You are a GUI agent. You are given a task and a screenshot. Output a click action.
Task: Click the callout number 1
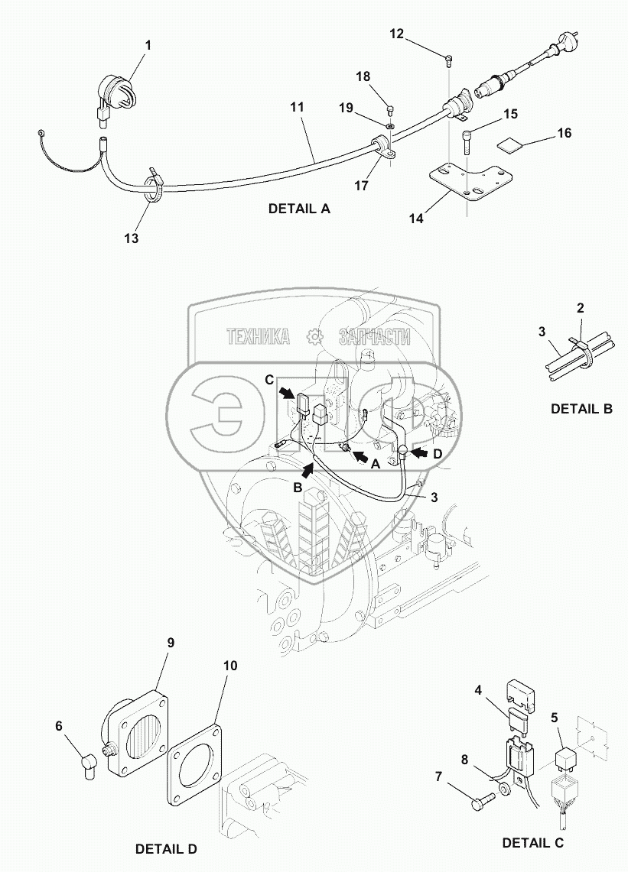pos(148,45)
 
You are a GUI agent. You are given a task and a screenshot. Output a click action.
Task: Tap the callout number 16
pos(564,133)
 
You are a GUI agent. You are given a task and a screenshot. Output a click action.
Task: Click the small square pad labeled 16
pos(512,144)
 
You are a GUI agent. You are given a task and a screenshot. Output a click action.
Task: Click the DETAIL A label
pos(299,208)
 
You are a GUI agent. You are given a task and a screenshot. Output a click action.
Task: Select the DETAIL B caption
pos(581,409)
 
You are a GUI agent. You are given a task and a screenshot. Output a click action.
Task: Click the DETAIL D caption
pos(166,848)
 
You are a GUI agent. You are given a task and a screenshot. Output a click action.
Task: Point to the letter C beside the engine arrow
pos(268,380)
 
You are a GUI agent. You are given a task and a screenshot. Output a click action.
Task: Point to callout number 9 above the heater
pos(171,642)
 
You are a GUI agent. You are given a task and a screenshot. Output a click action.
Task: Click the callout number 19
pos(347,108)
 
